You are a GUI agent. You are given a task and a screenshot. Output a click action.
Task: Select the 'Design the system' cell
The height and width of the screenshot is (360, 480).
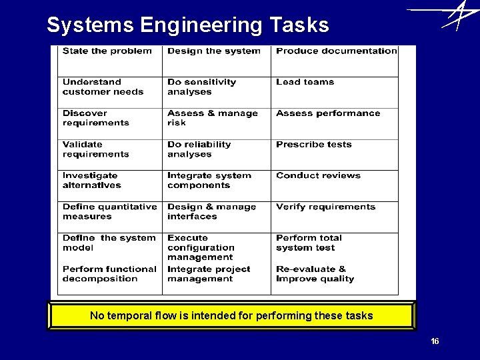click(x=217, y=61)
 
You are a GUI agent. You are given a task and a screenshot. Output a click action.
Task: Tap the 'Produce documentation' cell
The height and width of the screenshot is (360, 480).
click(x=335, y=61)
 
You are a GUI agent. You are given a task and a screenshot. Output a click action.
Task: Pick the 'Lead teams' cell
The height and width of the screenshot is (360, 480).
click(x=335, y=92)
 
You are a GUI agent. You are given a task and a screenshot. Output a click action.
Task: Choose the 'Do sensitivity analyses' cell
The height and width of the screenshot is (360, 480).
click(x=217, y=92)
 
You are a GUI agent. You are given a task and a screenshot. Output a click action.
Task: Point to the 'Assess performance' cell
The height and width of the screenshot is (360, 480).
click(x=335, y=123)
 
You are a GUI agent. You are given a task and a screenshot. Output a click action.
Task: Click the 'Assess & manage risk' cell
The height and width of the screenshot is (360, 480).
click(x=217, y=123)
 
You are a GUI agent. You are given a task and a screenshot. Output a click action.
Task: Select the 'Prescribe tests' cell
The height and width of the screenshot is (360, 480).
click(x=335, y=155)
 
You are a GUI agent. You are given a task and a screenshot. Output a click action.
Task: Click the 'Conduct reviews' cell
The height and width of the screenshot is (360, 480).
click(x=335, y=185)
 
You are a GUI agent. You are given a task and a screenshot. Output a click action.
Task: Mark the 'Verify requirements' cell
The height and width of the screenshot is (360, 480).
click(x=335, y=217)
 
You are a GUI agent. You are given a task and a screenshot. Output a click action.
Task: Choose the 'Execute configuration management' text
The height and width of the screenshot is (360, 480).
click(x=201, y=247)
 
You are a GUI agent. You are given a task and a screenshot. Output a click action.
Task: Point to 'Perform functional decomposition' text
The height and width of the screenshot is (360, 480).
click(x=109, y=274)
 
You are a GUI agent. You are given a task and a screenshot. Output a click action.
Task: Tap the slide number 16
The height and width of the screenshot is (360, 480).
click(x=435, y=341)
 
